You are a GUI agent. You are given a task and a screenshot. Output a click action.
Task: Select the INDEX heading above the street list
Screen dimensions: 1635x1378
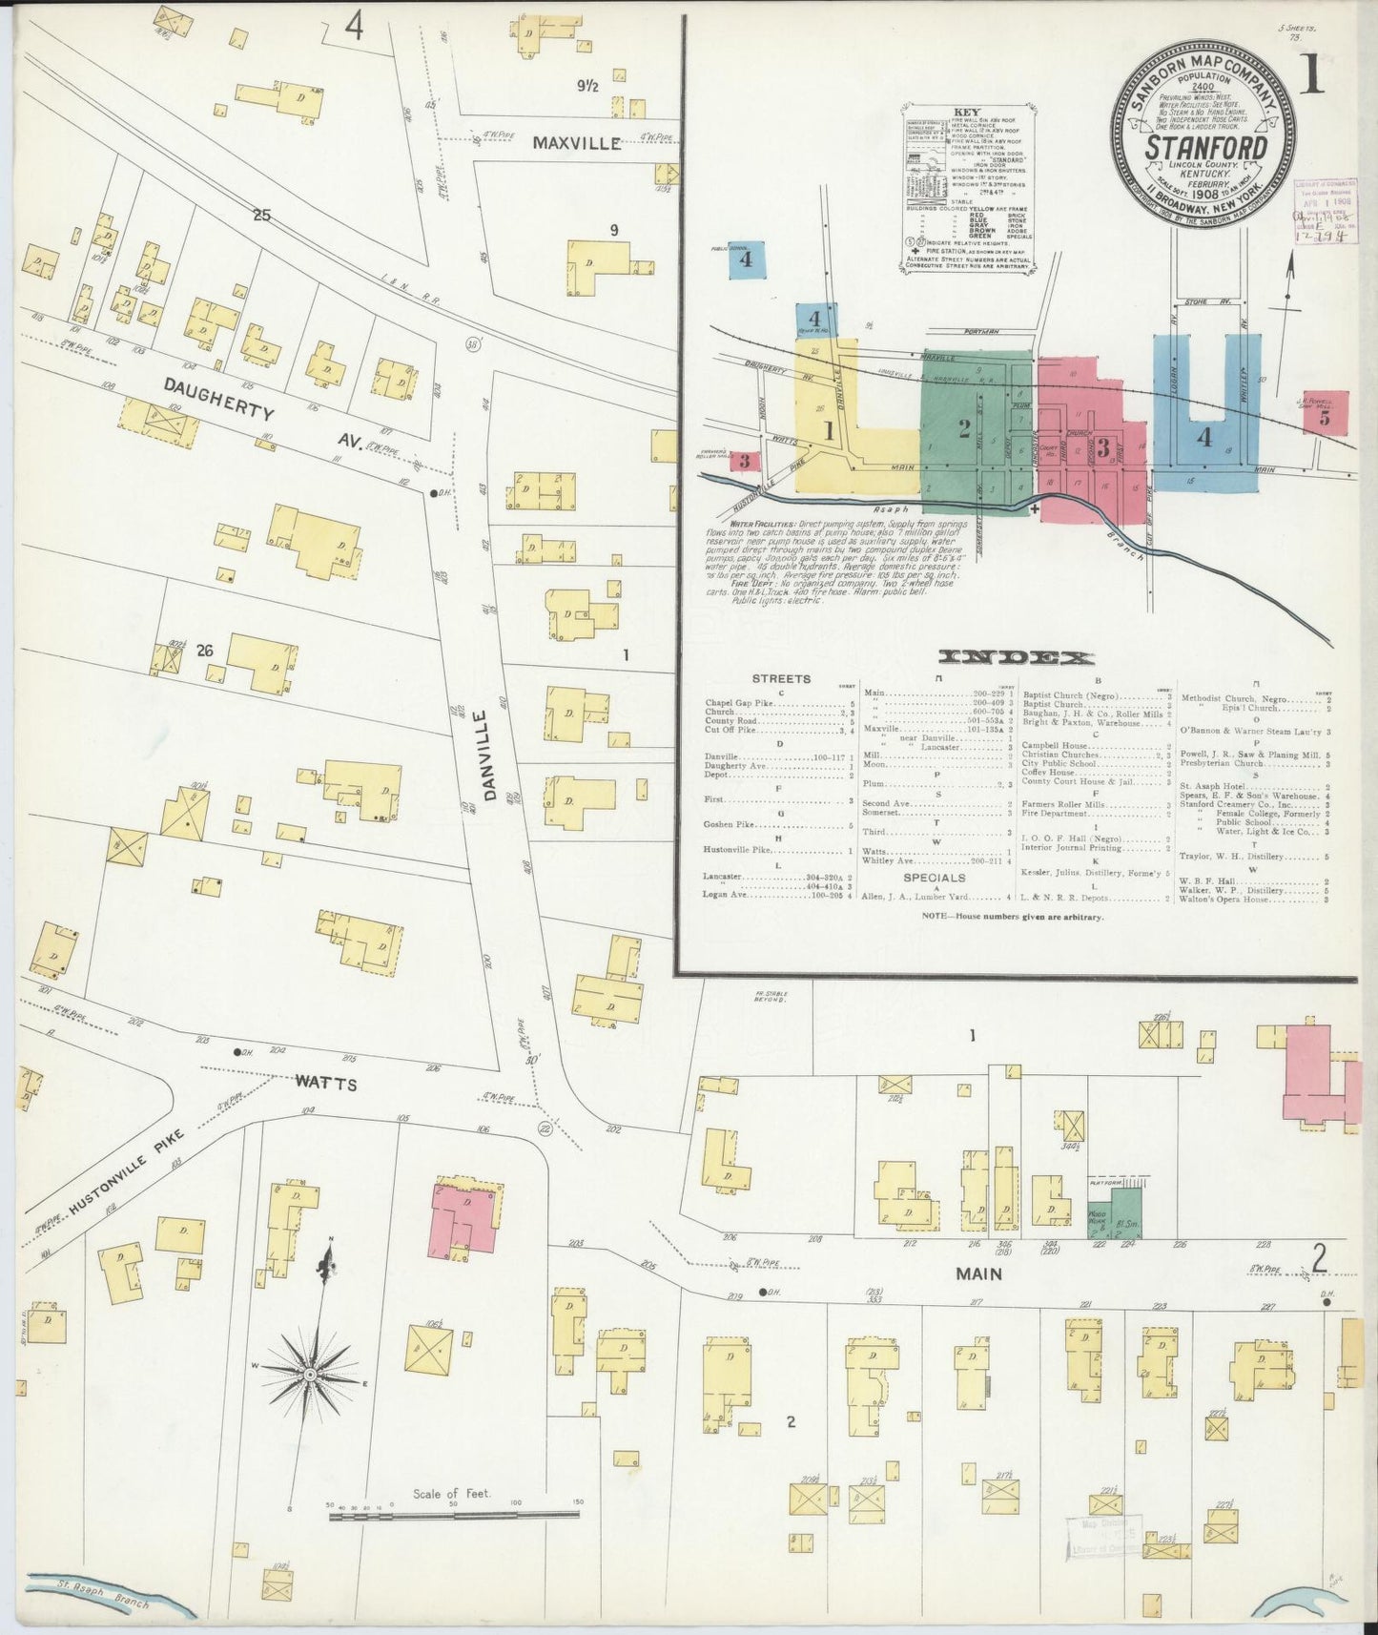(x=1017, y=657)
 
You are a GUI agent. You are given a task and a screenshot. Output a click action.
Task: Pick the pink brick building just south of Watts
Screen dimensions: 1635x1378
(x=465, y=1216)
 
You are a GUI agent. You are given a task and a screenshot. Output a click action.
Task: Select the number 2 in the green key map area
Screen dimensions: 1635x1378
(x=964, y=428)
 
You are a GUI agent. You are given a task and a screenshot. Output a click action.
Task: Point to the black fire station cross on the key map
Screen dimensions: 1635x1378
(x=1036, y=509)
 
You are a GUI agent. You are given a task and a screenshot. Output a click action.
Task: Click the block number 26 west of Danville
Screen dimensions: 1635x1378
(x=203, y=651)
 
